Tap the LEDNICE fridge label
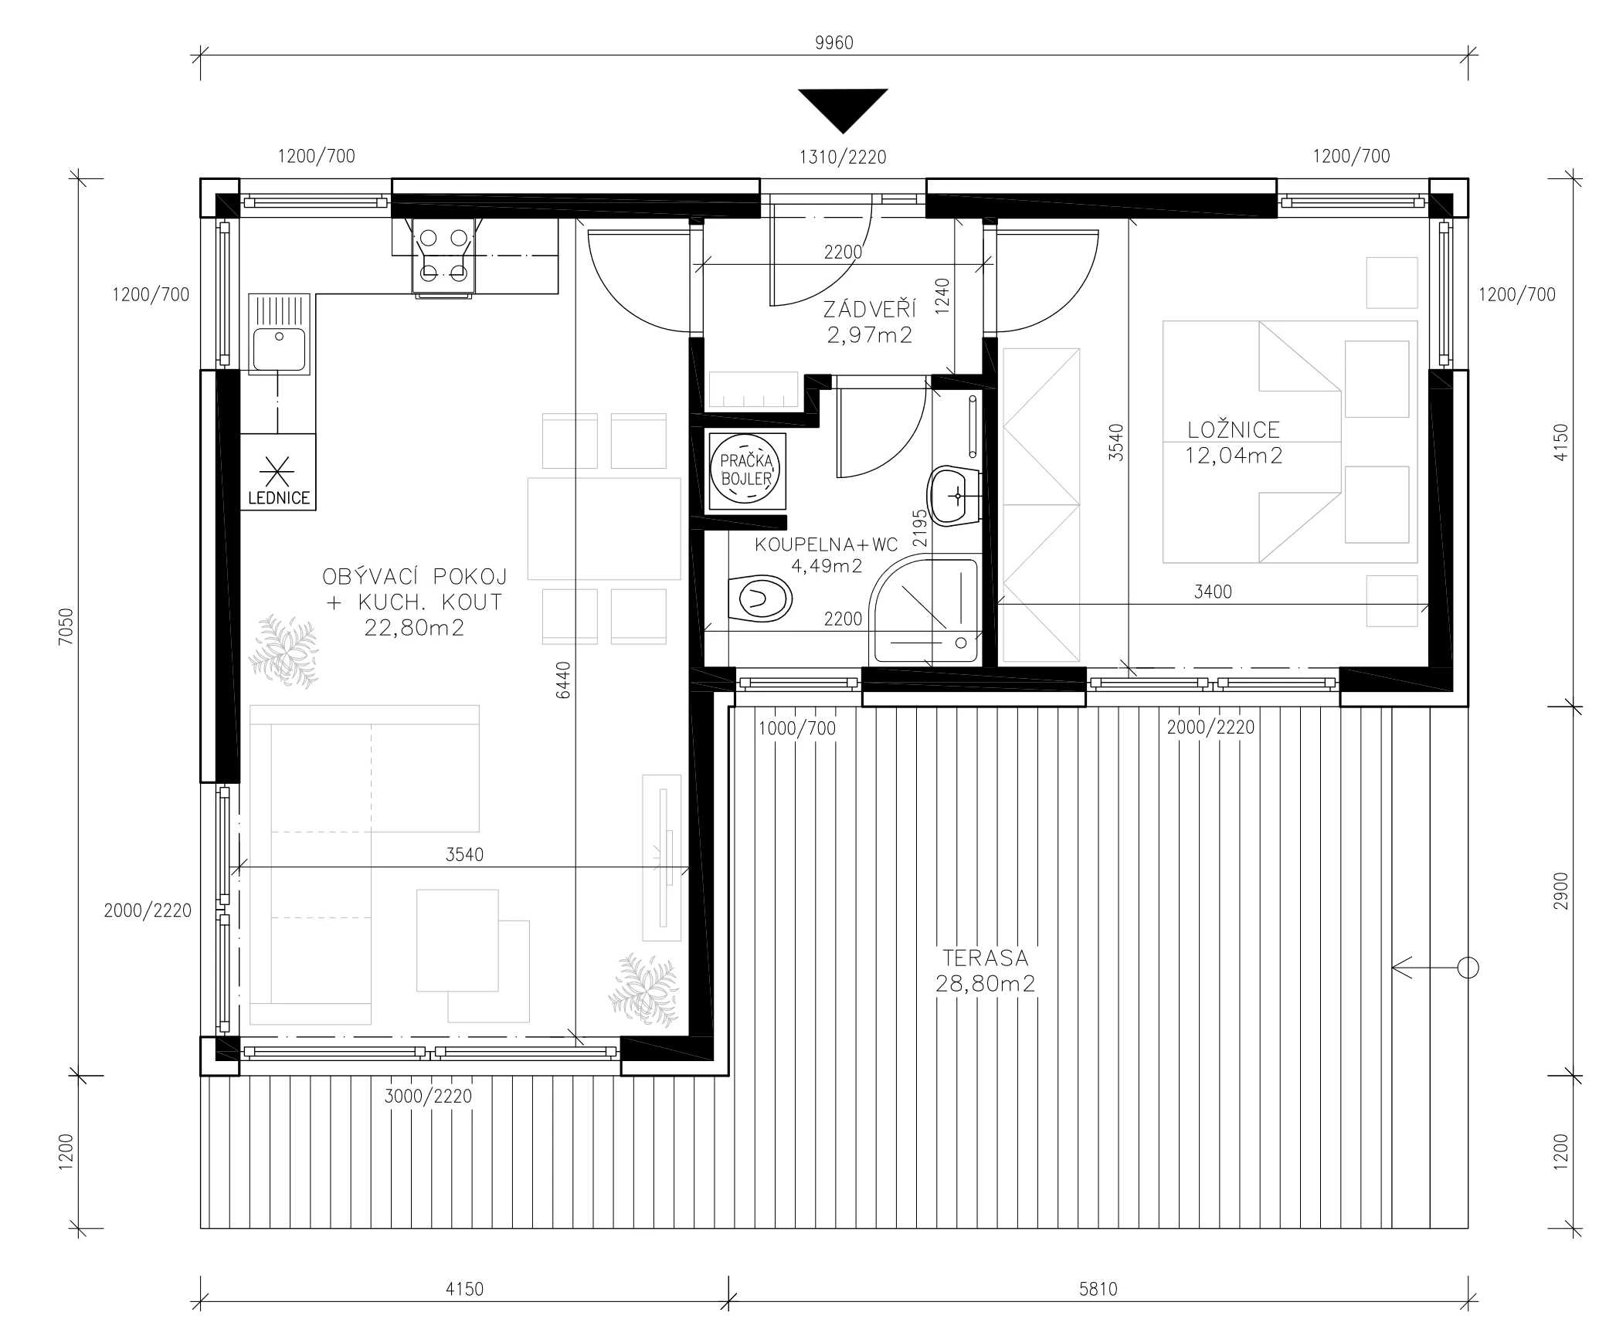click(x=279, y=498)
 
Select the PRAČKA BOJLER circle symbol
click(x=745, y=470)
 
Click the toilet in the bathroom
click(x=760, y=598)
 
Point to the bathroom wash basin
click(x=955, y=496)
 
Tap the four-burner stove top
click(x=443, y=256)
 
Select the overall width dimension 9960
click(x=834, y=43)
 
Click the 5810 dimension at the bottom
click(x=1098, y=1289)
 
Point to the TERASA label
click(x=985, y=958)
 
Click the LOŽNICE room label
click(x=1234, y=429)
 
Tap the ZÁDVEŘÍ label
click(x=869, y=310)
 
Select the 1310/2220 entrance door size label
click(x=843, y=158)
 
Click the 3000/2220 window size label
click(x=428, y=1096)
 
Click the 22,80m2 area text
click(x=414, y=628)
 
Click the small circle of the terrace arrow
click(x=1468, y=968)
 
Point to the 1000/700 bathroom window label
click(x=796, y=728)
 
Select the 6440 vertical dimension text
click(x=563, y=680)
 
